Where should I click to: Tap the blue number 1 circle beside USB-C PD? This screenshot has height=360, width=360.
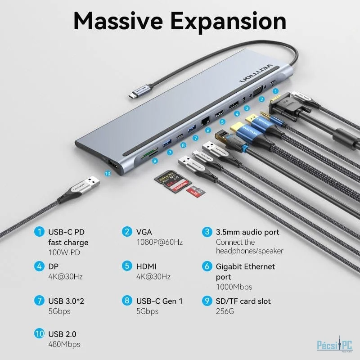click(x=40, y=232)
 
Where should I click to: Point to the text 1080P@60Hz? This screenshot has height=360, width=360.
click(x=159, y=242)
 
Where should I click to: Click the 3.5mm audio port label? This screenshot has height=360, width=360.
click(x=247, y=232)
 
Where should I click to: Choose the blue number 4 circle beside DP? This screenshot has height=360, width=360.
click(x=40, y=266)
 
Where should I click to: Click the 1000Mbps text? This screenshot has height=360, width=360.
click(x=234, y=287)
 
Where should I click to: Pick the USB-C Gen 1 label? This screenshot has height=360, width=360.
click(x=159, y=301)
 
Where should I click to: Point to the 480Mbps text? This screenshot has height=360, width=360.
click(x=64, y=344)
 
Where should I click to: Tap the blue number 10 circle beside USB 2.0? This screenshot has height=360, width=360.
click(x=40, y=334)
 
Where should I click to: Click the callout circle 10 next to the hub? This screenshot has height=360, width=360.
click(x=107, y=173)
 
